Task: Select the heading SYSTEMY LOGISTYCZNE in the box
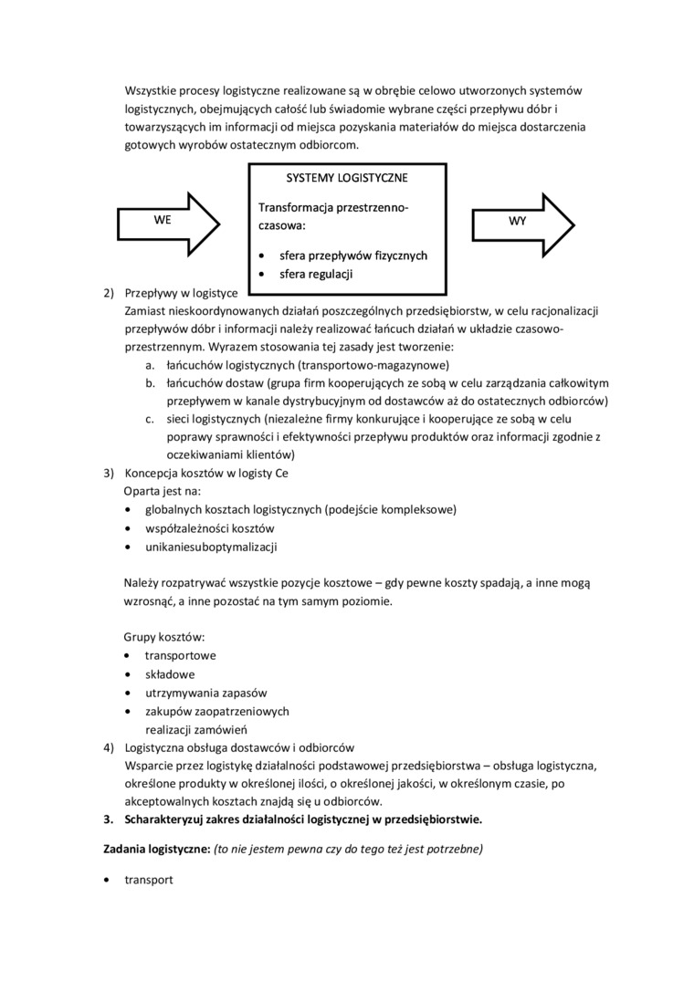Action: click(347, 177)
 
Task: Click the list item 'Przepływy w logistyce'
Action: click(181, 293)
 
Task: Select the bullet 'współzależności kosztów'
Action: click(209, 528)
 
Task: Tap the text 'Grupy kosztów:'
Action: click(163, 637)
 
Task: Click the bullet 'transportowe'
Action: click(180, 655)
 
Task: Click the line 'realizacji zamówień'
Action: click(196, 729)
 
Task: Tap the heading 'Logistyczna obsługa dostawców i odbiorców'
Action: click(238, 746)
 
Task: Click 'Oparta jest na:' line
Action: click(162, 491)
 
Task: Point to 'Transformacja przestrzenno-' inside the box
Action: click(333, 208)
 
